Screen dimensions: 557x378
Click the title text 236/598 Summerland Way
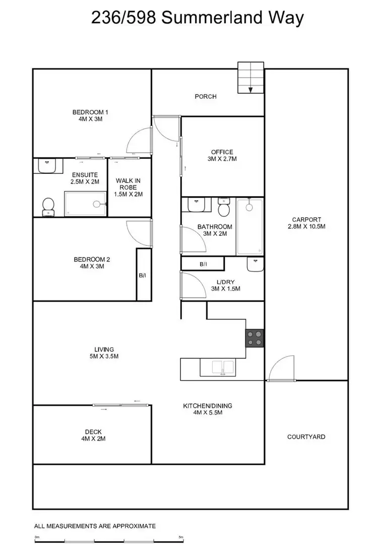tap(198, 18)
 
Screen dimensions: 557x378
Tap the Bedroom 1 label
tap(91, 115)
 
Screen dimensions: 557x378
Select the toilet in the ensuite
tap(48, 206)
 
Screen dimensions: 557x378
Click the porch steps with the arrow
tap(250, 78)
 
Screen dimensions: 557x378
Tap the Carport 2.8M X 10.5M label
tap(306, 223)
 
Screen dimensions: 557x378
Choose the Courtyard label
tap(306, 437)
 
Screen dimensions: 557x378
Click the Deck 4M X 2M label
tap(93, 435)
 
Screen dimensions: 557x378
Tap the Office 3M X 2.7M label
tap(222, 155)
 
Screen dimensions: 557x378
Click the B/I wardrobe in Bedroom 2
tap(143, 275)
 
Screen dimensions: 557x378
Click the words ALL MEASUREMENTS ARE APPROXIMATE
tap(95, 526)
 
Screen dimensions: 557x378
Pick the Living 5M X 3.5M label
tap(104, 352)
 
